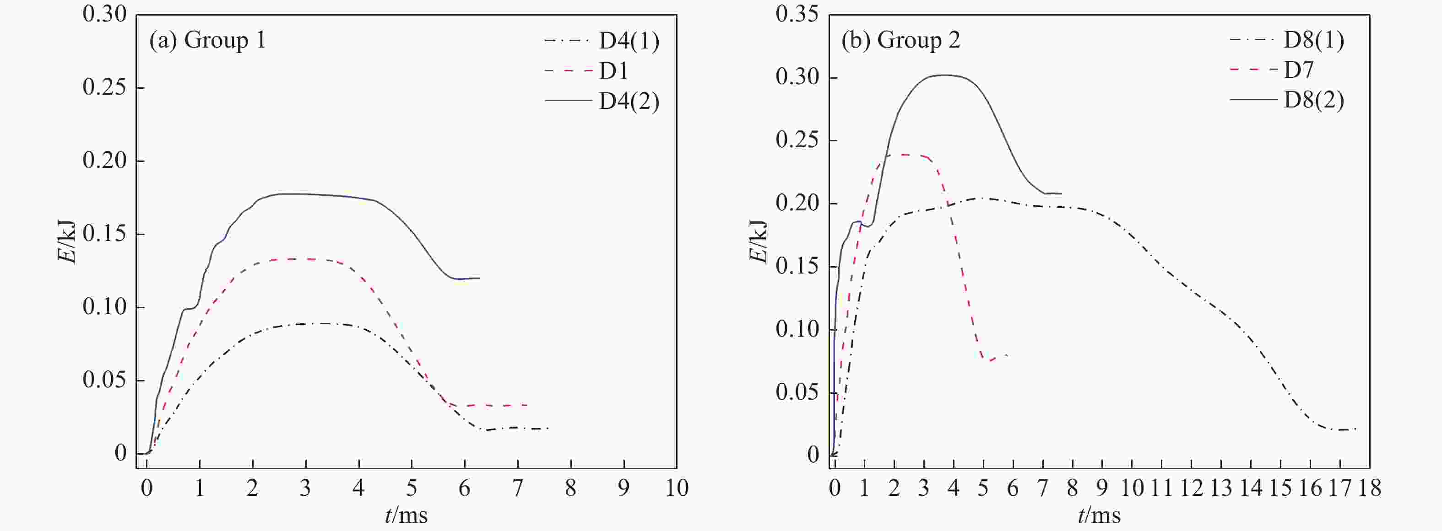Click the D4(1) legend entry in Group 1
[629, 41]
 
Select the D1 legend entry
[613, 71]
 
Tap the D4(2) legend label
[629, 101]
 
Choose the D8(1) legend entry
[1313, 40]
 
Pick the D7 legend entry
[1298, 70]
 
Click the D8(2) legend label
[1313, 100]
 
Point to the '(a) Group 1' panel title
[207, 40]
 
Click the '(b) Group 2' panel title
[900, 40]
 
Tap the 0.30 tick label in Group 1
[105, 14]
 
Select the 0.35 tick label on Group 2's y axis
[797, 14]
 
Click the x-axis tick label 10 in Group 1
[676, 488]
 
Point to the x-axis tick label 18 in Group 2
[1369, 488]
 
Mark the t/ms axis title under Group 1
[406, 515]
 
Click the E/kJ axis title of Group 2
[758, 241]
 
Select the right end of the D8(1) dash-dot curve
[1356, 429]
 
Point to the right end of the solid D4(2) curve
[479, 278]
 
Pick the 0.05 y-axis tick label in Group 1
[105, 380]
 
